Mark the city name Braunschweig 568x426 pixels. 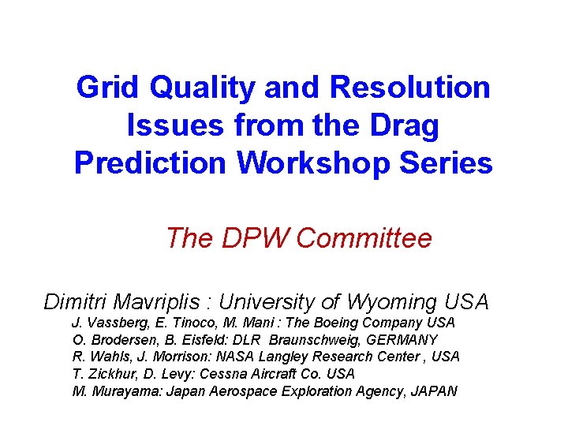click(x=321, y=340)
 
